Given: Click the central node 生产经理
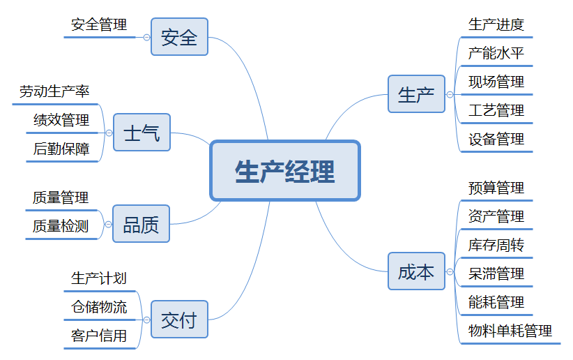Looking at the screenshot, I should click(x=285, y=171).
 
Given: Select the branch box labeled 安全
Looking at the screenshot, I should click(x=179, y=37).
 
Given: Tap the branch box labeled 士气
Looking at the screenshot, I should click(x=142, y=133).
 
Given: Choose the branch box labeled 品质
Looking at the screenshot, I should click(x=141, y=224).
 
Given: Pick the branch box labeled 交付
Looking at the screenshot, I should click(x=179, y=320).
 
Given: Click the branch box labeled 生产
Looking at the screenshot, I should click(x=416, y=94).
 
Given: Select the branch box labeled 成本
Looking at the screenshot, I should click(x=416, y=271).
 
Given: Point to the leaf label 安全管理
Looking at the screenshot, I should click(x=99, y=25).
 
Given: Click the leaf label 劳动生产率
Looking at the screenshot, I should click(x=54, y=91).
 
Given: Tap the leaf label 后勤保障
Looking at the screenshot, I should click(x=61, y=149).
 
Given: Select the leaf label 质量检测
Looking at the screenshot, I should click(x=61, y=226).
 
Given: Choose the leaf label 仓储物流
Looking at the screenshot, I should click(x=99, y=307).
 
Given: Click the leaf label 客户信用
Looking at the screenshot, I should click(x=99, y=336).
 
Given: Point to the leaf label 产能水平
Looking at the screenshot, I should click(x=496, y=54).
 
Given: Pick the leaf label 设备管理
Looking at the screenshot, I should click(x=496, y=139).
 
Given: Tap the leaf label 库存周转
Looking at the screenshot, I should click(x=496, y=245).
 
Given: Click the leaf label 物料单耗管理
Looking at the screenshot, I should click(x=510, y=331).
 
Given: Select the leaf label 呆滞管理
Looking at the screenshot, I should click(x=496, y=273).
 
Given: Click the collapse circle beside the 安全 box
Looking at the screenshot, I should click(x=146, y=37).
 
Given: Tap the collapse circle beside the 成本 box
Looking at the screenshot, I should click(x=450, y=271).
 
